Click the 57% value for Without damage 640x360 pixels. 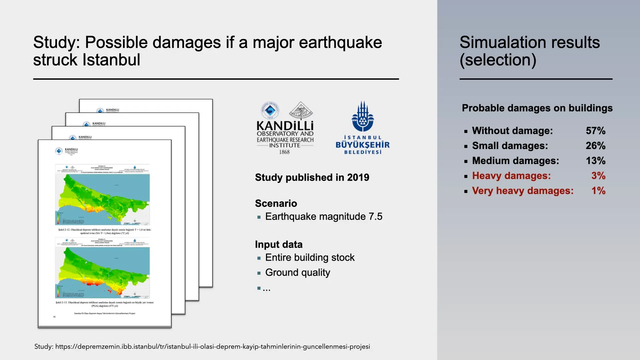(x=595, y=131)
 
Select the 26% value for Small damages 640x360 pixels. (x=595, y=146)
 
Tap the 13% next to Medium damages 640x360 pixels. (x=595, y=161)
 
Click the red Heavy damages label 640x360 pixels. (x=511, y=176)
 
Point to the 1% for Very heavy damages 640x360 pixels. (x=598, y=191)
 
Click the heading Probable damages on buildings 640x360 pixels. (x=537, y=108)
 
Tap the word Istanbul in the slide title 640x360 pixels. (x=111, y=60)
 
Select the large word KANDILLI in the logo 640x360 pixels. (x=285, y=126)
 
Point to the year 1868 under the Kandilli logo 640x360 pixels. (x=284, y=152)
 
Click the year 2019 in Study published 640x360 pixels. (x=358, y=177)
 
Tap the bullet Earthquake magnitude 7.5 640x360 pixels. (x=324, y=217)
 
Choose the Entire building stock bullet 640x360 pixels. (x=310, y=258)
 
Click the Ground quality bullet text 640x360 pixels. (x=298, y=273)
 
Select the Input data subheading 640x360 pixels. (x=279, y=244)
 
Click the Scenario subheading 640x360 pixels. (x=276, y=203)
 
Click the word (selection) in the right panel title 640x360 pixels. (x=498, y=60)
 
